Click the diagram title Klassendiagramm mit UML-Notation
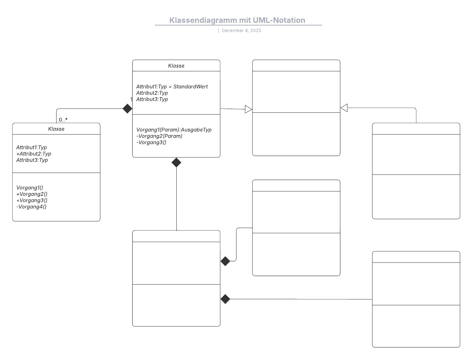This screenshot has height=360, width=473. (237, 20)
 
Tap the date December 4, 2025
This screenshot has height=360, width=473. (241, 31)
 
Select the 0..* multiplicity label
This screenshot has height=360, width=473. (63, 120)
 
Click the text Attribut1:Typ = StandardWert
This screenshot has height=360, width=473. (172, 86)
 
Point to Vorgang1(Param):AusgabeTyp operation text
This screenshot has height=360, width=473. (174, 130)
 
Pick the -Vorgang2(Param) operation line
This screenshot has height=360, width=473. (159, 136)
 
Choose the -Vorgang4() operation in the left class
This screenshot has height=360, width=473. (31, 207)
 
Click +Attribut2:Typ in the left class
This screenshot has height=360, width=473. (34, 154)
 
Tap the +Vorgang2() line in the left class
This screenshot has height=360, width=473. (32, 194)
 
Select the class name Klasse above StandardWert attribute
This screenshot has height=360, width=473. (176, 66)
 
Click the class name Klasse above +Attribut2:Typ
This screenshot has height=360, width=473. (56, 129)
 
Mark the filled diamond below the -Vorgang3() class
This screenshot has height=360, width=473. (176, 163)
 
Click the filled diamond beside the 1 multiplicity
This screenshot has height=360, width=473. (127, 109)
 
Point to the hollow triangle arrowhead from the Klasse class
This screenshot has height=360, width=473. (248, 109)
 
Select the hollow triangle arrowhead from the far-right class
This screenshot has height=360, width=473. (344, 108)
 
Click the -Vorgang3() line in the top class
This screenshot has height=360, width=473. (151, 142)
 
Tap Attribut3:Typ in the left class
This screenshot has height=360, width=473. (32, 160)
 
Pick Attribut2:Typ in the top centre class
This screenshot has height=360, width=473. (152, 93)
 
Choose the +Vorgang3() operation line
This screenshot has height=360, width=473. (32, 200)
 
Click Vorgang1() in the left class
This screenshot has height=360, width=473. (30, 188)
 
